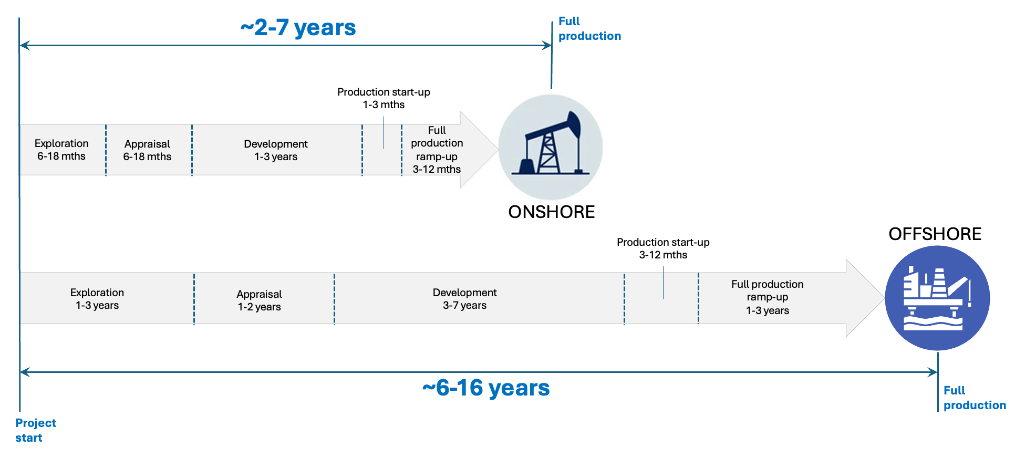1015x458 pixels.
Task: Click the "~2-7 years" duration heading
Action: click(x=298, y=28)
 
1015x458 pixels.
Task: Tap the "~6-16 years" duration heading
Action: click(x=486, y=388)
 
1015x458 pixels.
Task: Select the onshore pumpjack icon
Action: click(x=550, y=147)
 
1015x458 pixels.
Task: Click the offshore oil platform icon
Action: click(x=937, y=298)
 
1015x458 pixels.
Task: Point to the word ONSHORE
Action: click(x=551, y=212)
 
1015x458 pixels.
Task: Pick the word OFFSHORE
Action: click(x=935, y=234)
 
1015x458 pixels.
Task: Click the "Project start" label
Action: click(x=35, y=430)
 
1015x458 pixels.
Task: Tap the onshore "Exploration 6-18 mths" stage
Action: click(x=61, y=150)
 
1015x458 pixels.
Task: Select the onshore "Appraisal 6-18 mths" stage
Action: click(x=147, y=150)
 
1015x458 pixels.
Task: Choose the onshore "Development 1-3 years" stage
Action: click(x=276, y=150)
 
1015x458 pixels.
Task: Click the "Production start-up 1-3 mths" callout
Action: click(x=384, y=98)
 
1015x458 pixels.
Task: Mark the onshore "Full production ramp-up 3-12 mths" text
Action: click(x=437, y=150)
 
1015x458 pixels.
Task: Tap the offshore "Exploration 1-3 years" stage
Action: click(x=97, y=299)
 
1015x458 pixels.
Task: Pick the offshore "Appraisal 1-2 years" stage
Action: click(x=259, y=300)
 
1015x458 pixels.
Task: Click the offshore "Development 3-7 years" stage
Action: click(x=464, y=299)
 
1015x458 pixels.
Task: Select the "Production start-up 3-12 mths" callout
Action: click(x=663, y=248)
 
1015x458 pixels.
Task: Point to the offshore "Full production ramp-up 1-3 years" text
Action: click(x=767, y=297)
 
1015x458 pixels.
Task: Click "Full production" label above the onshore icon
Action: click(x=589, y=29)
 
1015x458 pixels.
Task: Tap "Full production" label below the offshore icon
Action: click(x=974, y=398)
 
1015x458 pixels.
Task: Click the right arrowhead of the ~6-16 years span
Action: click(x=933, y=372)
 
